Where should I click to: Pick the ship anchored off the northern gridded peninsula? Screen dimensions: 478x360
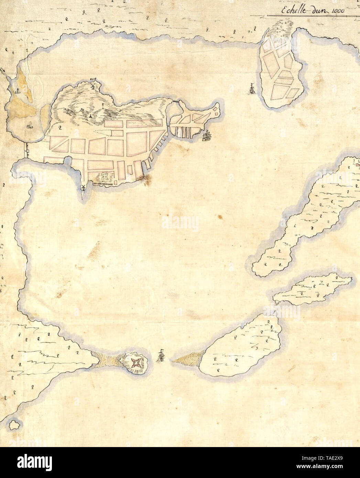[252, 89]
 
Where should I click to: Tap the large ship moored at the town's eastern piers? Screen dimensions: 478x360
[207, 136]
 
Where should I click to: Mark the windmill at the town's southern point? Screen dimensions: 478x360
[83, 187]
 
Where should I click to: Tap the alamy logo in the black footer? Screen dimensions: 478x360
[34, 463]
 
